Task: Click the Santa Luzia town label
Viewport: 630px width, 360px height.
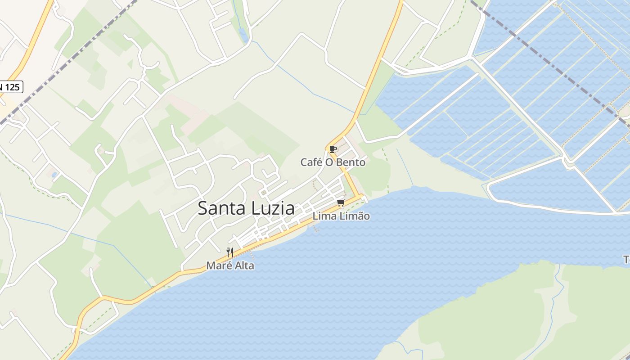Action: coord(246,208)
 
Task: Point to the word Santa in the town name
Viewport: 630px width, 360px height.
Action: coord(220,208)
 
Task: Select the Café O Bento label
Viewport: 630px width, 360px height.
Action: coord(333,162)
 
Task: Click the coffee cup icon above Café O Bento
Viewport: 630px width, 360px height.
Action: coord(333,149)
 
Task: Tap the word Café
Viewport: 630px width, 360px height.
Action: coord(311,162)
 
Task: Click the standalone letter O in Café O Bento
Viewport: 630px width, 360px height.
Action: coord(330,162)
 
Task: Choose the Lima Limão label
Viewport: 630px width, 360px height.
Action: coord(341,216)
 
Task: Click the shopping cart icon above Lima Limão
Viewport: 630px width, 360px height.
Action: coord(341,203)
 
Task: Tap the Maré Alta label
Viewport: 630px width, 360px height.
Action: coord(230,265)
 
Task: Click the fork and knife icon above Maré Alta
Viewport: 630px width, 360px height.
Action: coord(230,252)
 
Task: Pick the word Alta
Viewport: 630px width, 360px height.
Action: coord(244,265)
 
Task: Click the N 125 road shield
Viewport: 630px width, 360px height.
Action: coord(10,87)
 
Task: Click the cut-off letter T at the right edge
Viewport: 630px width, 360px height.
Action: coord(626,260)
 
